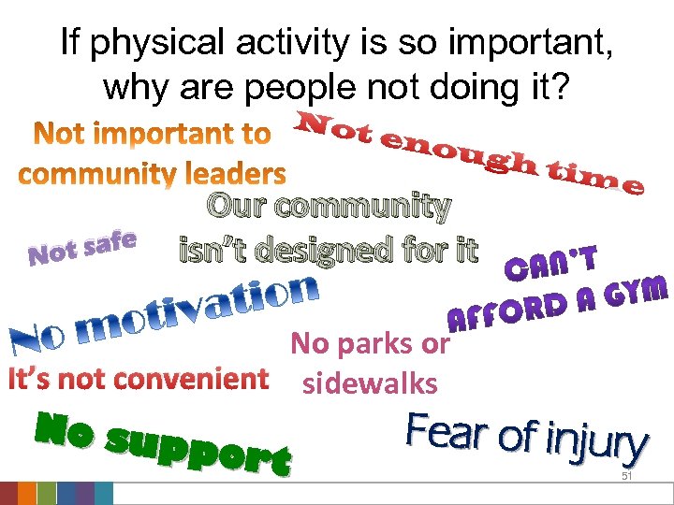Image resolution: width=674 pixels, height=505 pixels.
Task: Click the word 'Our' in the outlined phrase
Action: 235,205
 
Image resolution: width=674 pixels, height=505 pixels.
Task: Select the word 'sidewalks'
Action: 370,382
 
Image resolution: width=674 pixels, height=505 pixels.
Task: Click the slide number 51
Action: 628,477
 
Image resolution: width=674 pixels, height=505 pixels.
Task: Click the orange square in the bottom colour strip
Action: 27,493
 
